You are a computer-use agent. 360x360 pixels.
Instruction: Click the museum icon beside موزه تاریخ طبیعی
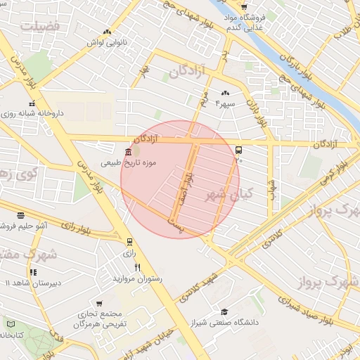pyautogui.click(x=127, y=153)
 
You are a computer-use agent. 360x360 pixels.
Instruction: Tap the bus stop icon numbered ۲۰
pyautogui.click(x=239, y=150)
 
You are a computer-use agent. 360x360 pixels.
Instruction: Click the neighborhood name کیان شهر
pyautogui.click(x=228, y=193)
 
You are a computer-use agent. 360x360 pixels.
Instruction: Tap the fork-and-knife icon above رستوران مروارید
pyautogui.click(x=138, y=268)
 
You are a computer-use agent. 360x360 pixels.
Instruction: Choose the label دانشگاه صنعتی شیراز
pyautogui.click(x=224, y=323)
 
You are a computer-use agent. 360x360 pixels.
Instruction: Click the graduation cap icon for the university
pyautogui.click(x=224, y=311)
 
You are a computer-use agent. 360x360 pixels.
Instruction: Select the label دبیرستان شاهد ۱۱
pyautogui.click(x=25, y=283)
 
